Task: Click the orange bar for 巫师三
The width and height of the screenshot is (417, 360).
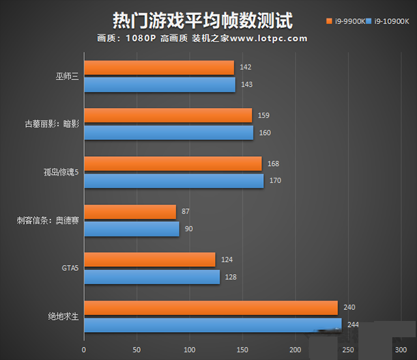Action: [x=159, y=68]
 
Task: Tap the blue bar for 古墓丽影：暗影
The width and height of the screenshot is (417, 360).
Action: [x=169, y=133]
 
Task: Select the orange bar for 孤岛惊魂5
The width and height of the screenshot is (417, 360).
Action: [x=173, y=163]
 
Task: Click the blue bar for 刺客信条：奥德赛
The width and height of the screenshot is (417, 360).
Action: [x=132, y=229]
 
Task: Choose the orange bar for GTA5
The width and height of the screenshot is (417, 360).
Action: [x=149, y=260]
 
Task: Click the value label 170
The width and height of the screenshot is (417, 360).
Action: [x=275, y=180]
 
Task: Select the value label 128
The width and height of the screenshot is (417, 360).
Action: [x=231, y=277]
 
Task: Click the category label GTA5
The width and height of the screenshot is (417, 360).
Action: [x=69, y=269]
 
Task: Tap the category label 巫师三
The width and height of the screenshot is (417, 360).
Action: [x=67, y=77]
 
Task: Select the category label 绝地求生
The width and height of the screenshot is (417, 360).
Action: [x=64, y=317]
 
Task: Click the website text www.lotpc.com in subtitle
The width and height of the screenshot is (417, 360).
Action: [x=268, y=38]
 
